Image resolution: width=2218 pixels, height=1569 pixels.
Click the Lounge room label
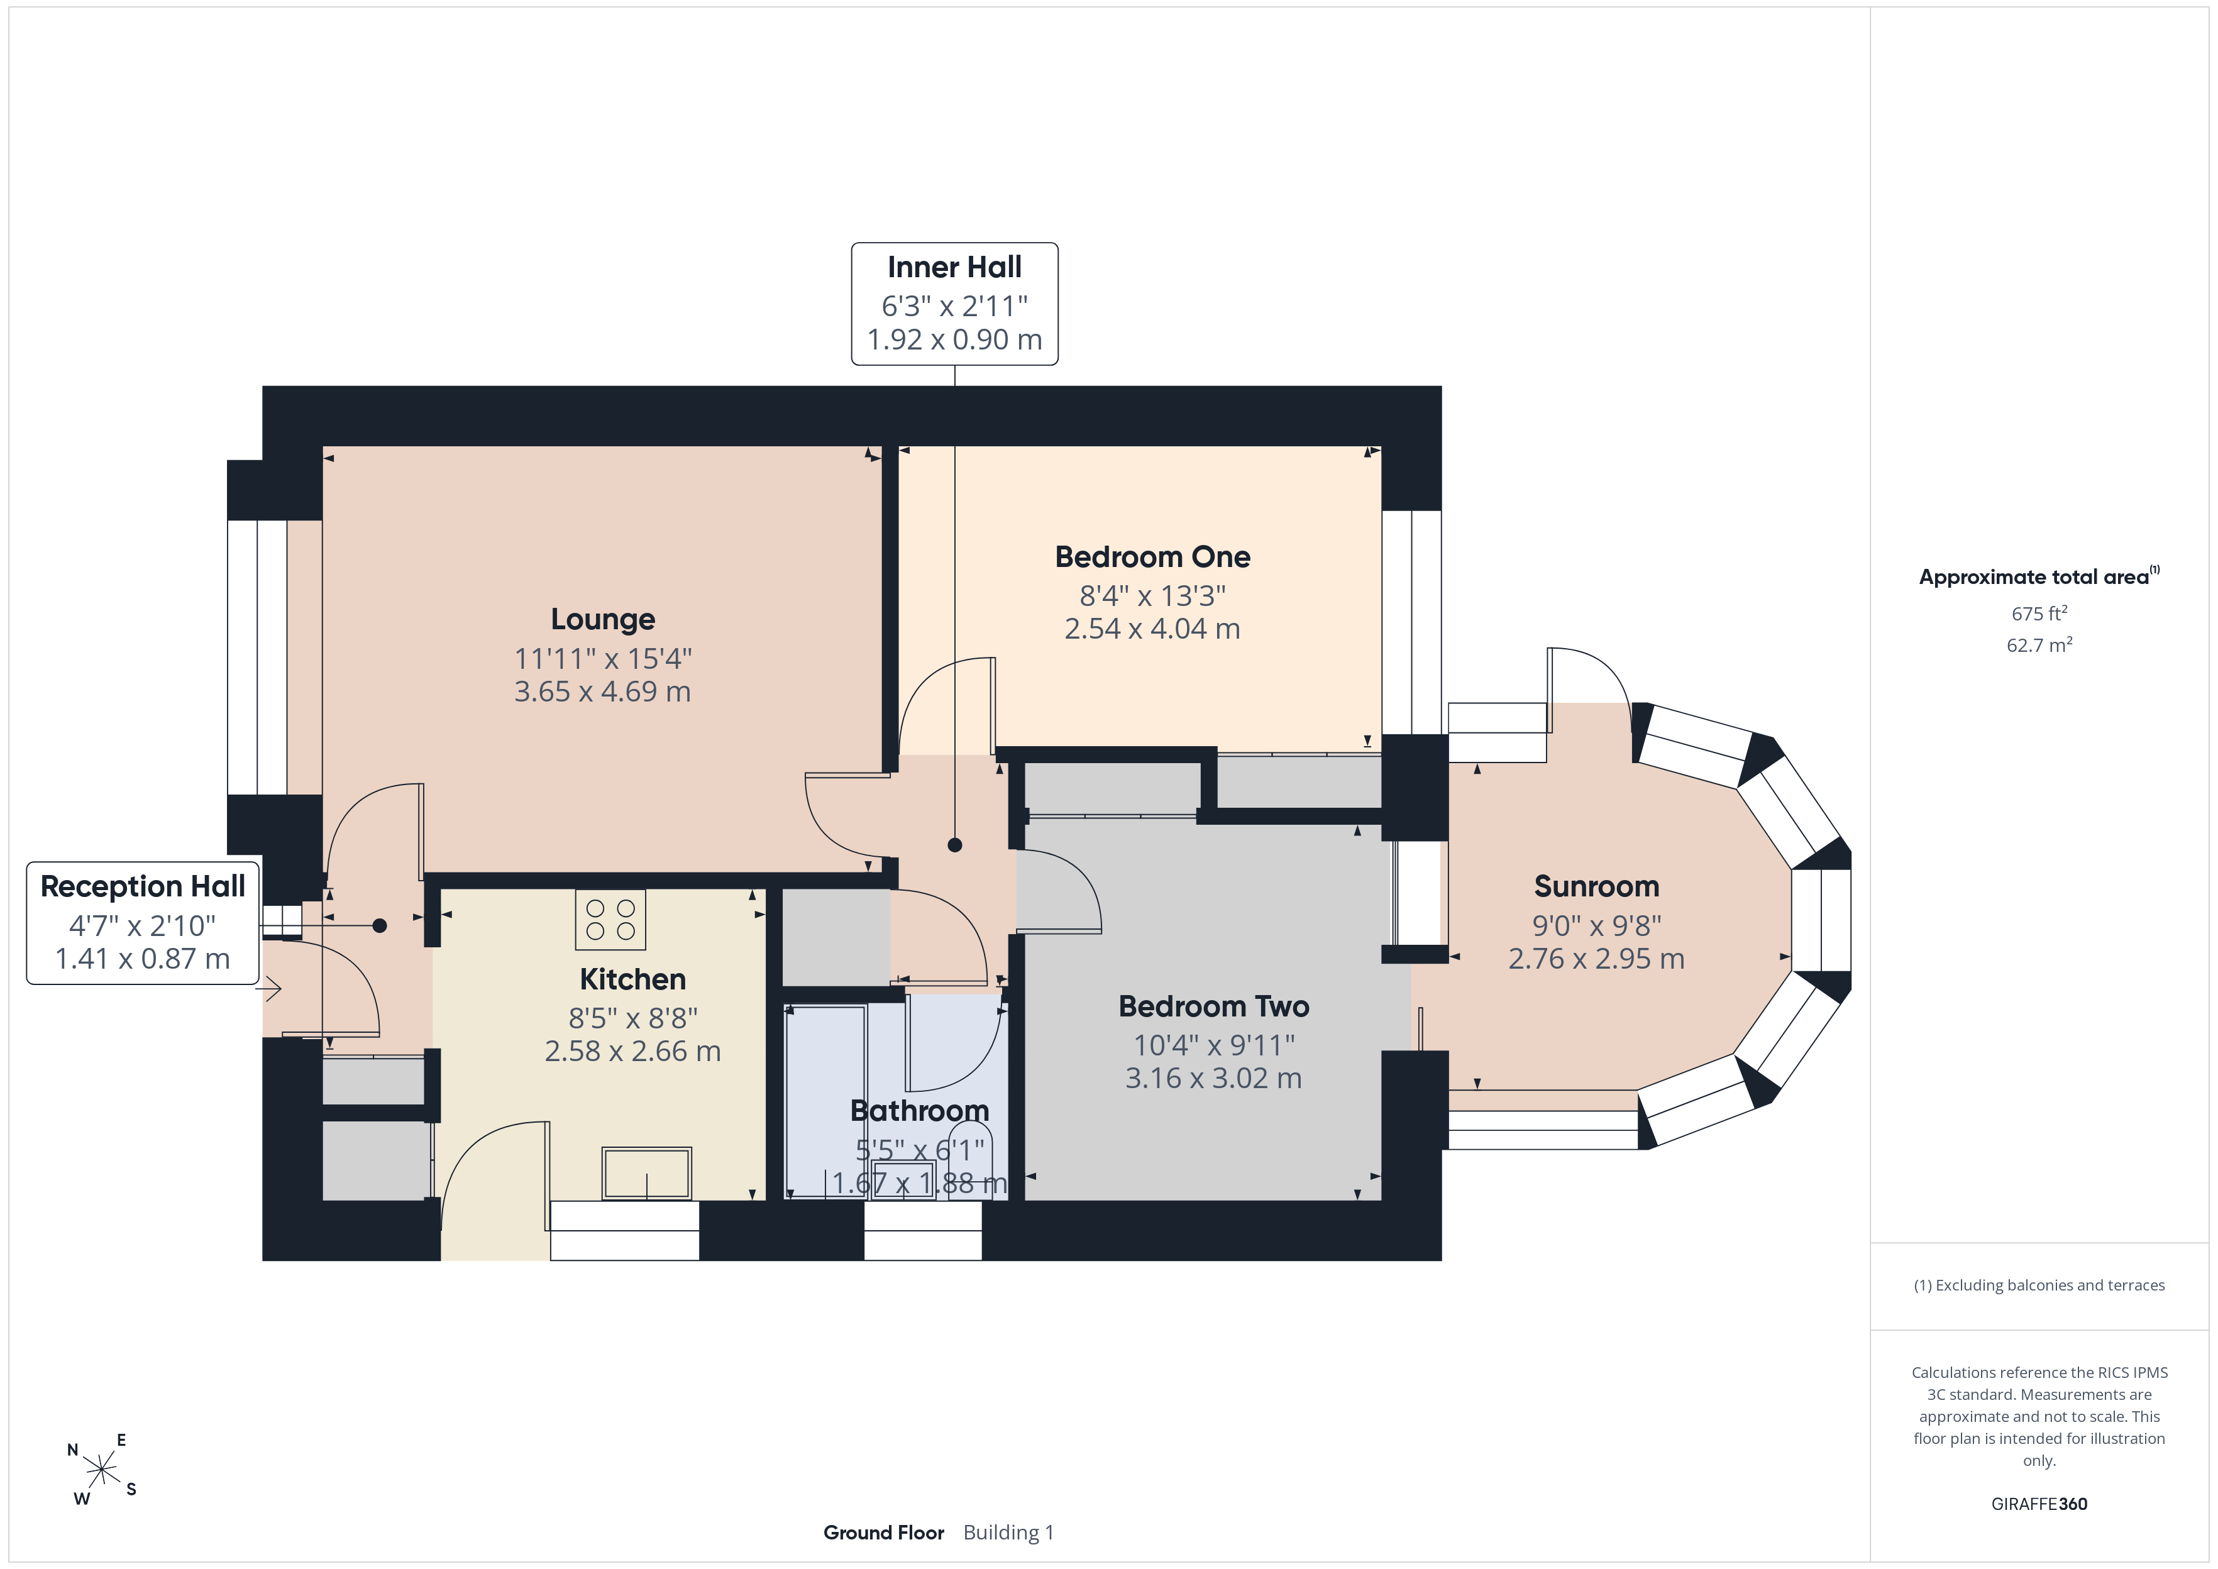pos(603,619)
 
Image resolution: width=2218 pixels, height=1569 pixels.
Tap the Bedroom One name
pos(1152,558)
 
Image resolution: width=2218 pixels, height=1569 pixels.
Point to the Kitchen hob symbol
pos(610,919)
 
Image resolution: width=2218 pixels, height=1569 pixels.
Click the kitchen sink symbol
pos(646,1173)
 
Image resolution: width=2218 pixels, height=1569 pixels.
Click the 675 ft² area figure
pos(2039,614)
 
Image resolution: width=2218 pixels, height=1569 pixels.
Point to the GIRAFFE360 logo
pos(2039,1504)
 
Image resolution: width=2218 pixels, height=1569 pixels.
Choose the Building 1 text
pos(1008,1533)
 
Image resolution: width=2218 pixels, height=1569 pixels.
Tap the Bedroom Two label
pos(1214,1006)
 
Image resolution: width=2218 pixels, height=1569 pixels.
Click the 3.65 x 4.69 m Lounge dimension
pos(603,691)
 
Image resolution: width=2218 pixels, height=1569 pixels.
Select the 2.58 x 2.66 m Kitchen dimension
pos(632,1051)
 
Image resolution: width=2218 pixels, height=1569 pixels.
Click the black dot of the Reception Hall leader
pos(380,925)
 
